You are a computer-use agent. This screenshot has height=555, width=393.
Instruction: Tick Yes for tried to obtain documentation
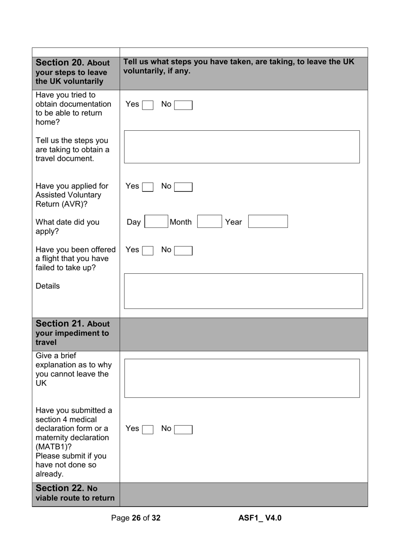148,105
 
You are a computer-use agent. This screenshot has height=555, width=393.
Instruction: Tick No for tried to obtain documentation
183,105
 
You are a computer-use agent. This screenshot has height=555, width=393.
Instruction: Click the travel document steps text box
242,147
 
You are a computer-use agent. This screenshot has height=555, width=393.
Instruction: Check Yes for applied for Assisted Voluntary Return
148,187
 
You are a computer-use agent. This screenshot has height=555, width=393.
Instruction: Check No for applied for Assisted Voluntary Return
183,187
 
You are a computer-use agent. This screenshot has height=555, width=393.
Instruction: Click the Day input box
156,222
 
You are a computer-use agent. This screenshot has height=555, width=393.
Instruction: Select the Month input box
209,222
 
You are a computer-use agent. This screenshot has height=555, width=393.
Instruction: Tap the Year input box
268,222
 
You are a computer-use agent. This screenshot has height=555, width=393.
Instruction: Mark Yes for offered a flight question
148,251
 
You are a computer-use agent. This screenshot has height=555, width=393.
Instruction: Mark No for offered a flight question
183,251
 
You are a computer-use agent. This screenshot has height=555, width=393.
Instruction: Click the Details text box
243,291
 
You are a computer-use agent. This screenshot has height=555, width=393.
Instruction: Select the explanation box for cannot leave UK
242,378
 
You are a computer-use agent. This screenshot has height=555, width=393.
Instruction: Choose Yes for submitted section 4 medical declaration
148,430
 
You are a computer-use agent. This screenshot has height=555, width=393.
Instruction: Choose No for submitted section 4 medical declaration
183,430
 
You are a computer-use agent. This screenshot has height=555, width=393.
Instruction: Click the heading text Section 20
60,63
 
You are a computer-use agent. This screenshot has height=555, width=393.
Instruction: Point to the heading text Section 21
60,324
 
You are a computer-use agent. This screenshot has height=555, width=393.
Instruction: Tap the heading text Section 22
60,488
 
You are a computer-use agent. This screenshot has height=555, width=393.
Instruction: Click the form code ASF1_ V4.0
260,518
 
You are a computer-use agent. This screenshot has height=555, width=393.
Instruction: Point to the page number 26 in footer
136,518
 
